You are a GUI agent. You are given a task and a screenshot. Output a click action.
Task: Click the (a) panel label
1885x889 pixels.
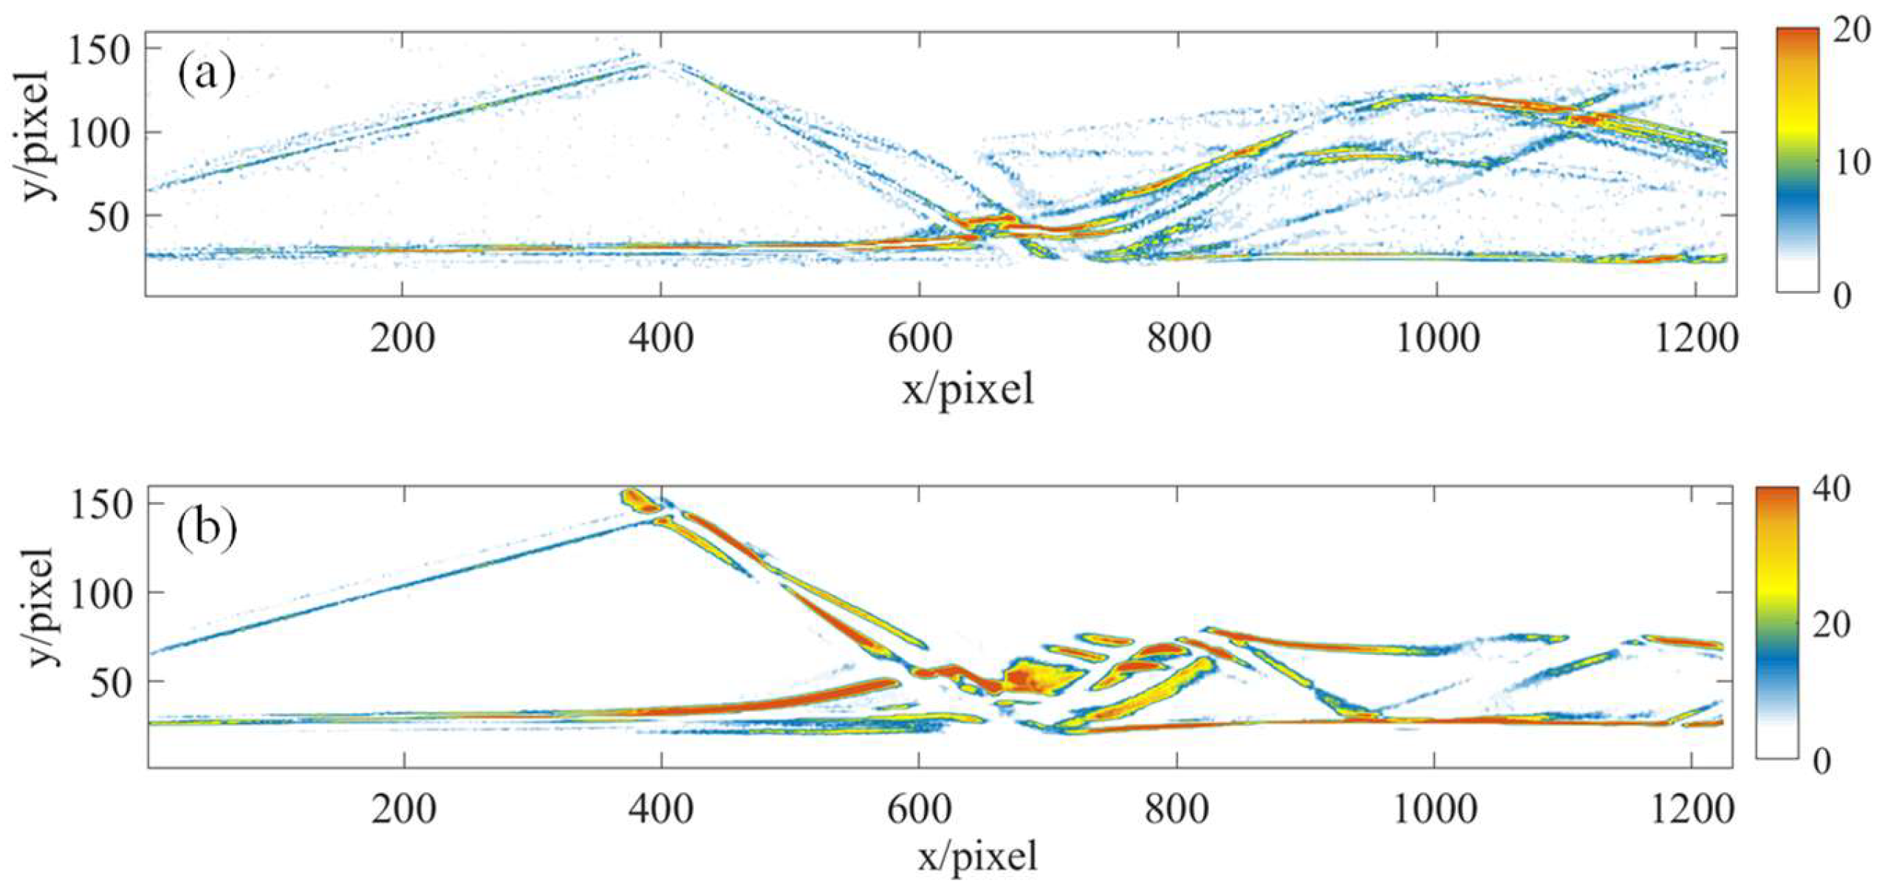click(205, 75)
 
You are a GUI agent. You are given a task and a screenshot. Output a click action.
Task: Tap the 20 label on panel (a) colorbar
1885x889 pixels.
click(1852, 31)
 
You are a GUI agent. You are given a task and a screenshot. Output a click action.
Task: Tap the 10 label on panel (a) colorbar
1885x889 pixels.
click(1852, 162)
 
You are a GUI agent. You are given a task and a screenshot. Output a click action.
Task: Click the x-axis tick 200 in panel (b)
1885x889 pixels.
click(403, 810)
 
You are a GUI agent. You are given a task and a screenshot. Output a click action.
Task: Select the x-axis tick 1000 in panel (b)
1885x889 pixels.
click(1434, 810)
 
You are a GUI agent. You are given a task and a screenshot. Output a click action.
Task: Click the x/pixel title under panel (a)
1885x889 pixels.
click(968, 389)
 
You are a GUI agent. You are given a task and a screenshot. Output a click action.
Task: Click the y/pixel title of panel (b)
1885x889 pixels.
click(41, 607)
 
